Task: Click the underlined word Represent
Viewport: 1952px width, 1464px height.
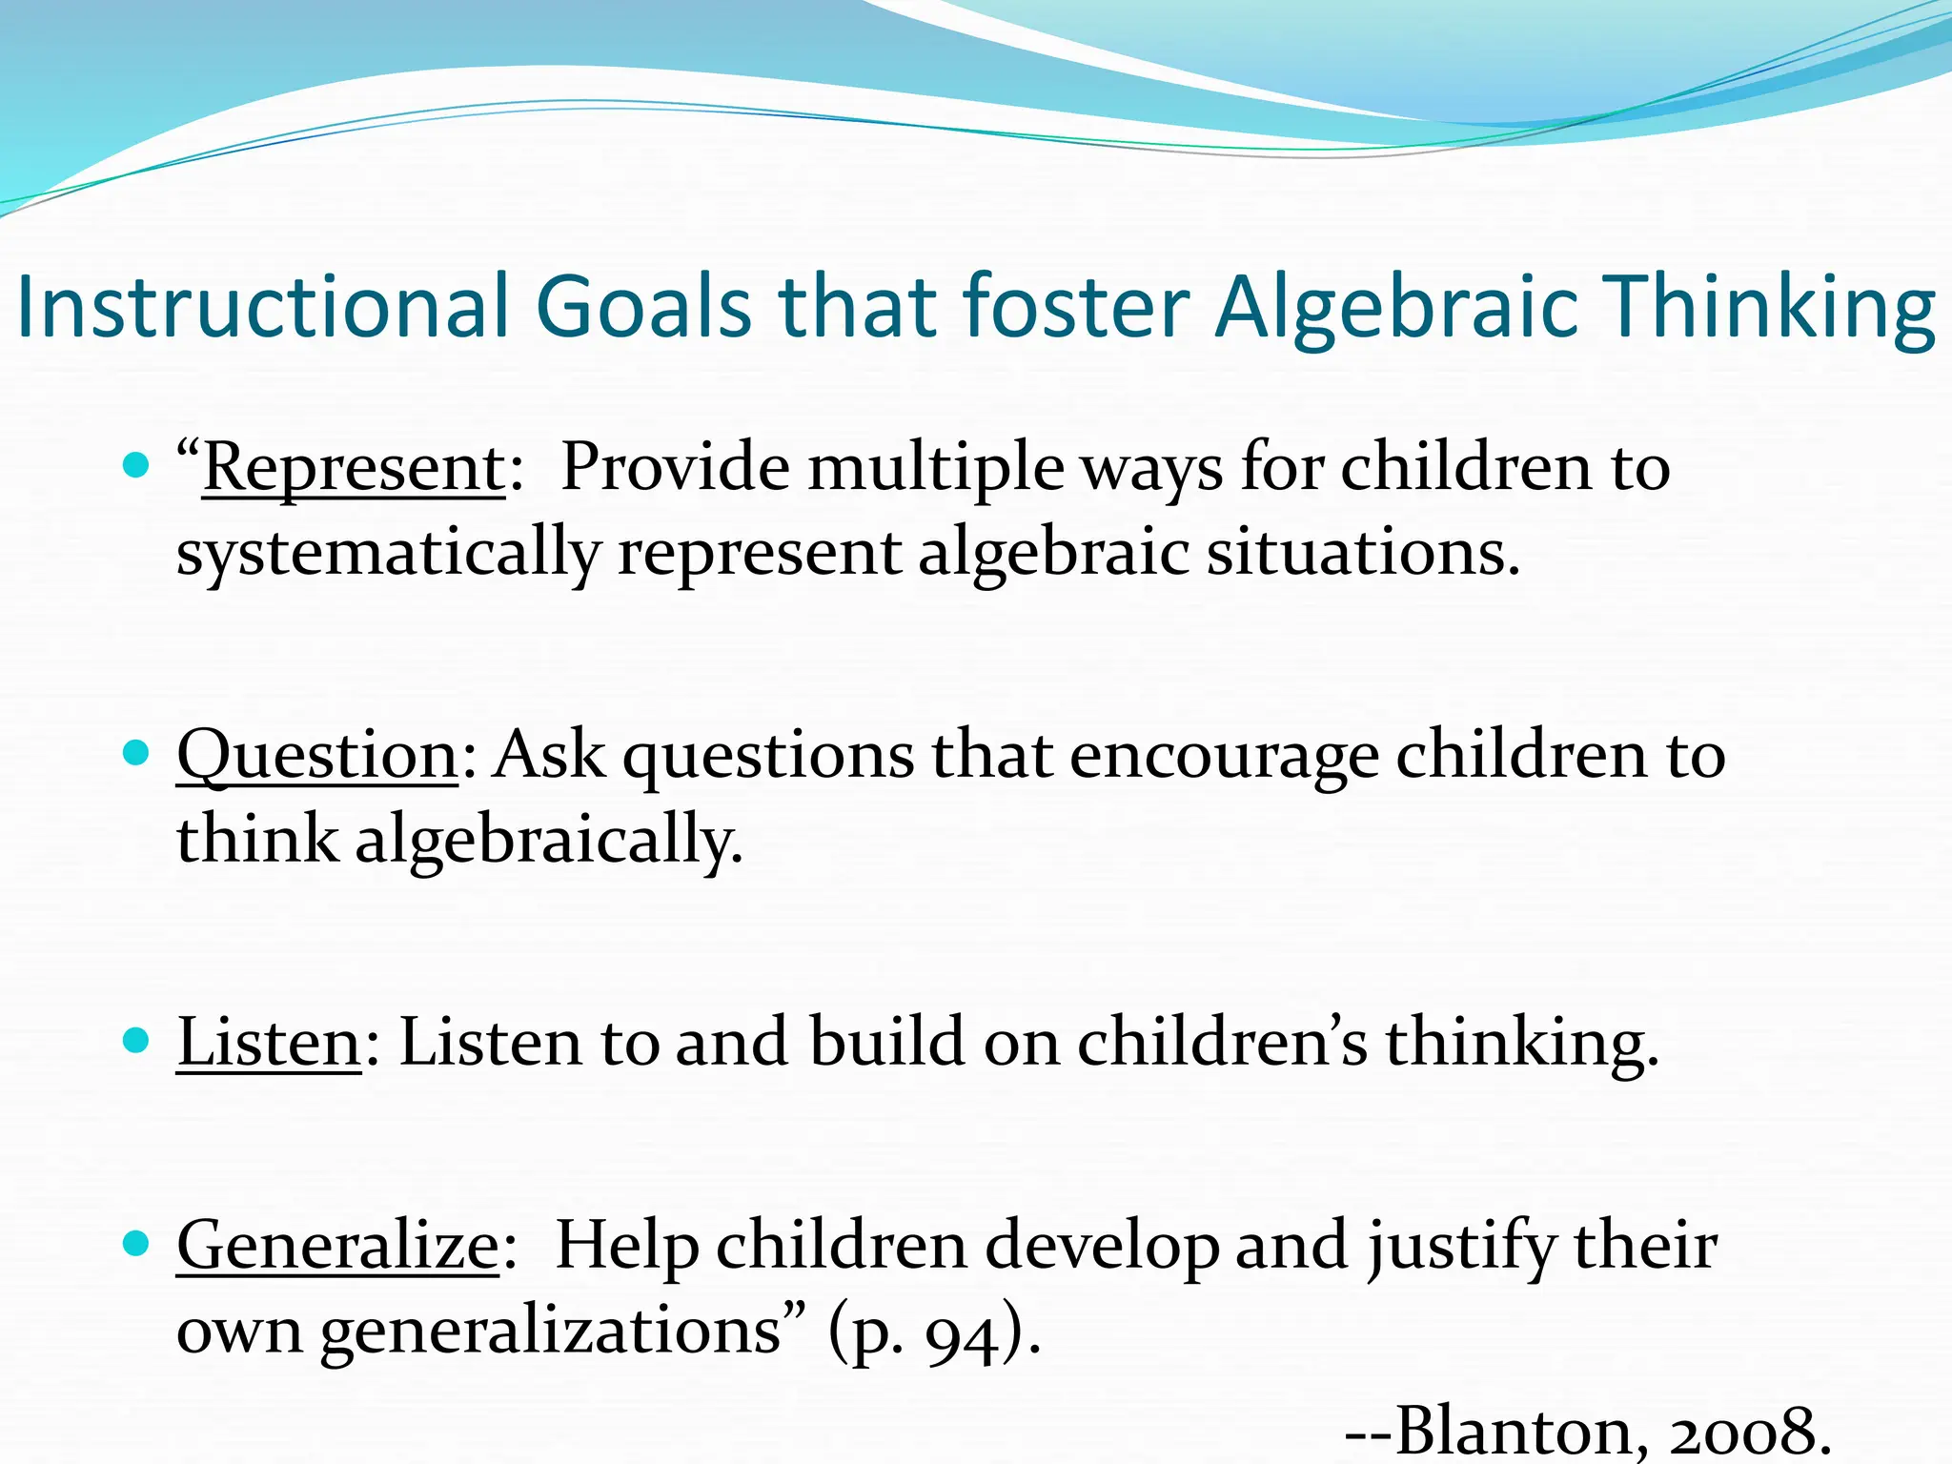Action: click(x=353, y=468)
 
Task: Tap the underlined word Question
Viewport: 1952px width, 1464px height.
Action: click(x=317, y=755)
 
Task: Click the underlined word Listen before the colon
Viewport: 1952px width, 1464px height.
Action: click(x=269, y=1042)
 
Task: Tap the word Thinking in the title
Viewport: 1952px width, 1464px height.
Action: click(x=1769, y=306)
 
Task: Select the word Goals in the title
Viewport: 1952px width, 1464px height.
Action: click(x=643, y=306)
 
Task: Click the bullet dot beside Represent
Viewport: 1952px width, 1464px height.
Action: click(x=137, y=466)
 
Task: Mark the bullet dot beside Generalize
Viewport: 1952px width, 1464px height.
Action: click(x=137, y=1243)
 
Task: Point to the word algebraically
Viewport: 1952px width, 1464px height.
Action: click(x=548, y=841)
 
